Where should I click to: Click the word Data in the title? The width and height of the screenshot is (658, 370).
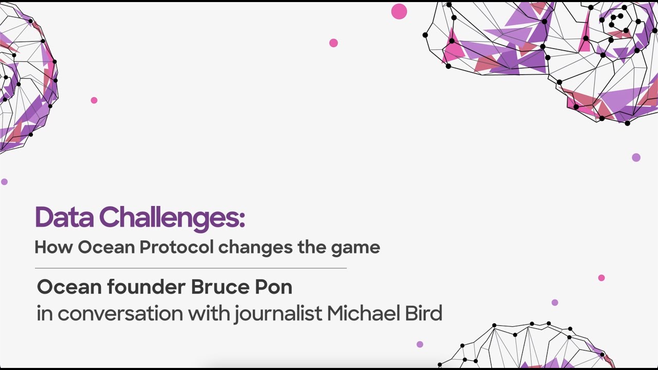pyautogui.click(x=64, y=218)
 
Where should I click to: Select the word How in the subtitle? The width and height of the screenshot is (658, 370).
pyautogui.click(x=54, y=248)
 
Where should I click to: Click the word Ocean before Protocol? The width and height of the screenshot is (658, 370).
pyautogui.click(x=106, y=248)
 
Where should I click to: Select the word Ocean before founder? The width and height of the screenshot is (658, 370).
pyautogui.click(x=69, y=287)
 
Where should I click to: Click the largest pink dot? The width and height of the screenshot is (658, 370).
pyautogui.click(x=399, y=11)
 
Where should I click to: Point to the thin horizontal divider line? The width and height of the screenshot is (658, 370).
pyautogui.click(x=190, y=268)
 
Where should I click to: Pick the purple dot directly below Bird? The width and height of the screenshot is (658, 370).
pyautogui.click(x=420, y=344)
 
